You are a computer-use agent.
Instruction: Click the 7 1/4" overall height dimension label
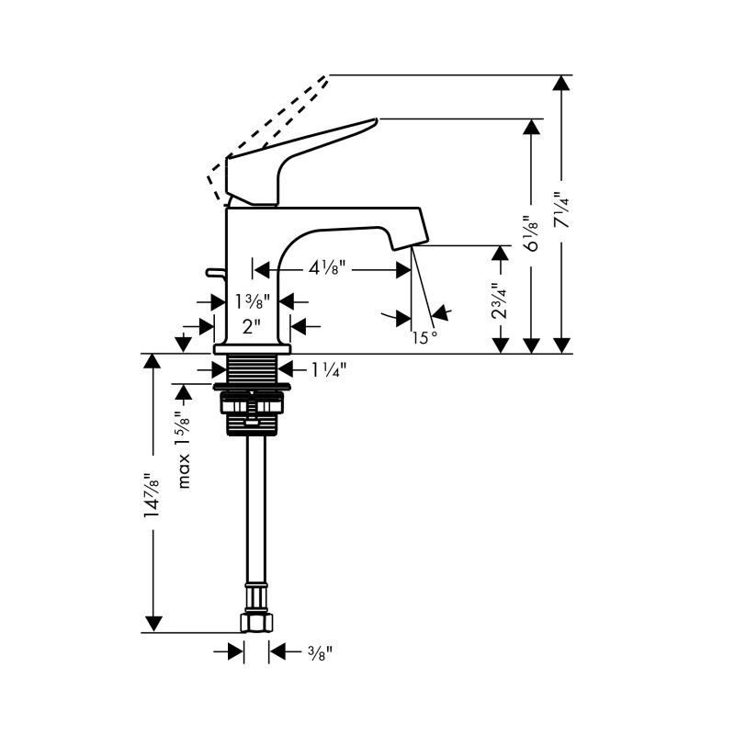coord(561,209)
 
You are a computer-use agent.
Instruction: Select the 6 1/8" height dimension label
coord(532,233)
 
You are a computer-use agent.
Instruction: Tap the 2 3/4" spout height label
coord(500,300)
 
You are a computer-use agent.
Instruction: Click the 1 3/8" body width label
coord(252,301)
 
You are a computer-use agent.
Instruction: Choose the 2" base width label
coord(251,326)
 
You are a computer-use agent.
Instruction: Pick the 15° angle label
coord(424,337)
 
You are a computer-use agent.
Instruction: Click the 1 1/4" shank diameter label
coord(329,370)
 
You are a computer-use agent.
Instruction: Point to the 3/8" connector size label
coord(320,652)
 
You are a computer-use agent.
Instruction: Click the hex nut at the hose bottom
coord(256,622)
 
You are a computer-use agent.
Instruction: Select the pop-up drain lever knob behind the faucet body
coord(214,272)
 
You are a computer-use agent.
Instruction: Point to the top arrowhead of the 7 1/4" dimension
coord(561,83)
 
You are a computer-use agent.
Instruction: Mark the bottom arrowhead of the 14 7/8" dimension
coord(153,624)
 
